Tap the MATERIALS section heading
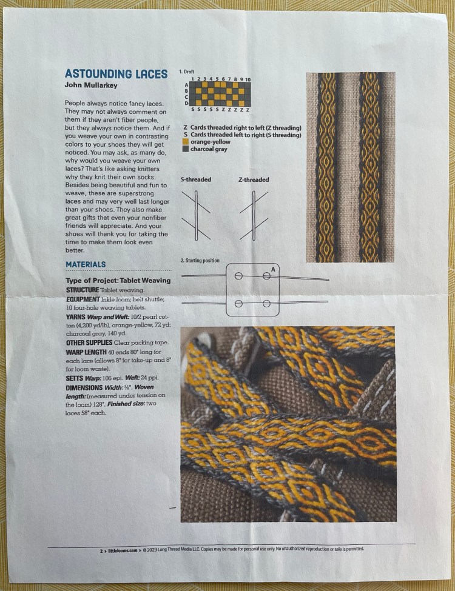86,264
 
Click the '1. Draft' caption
186,72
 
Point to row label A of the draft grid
187,84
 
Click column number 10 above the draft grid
248,79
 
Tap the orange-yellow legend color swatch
186,142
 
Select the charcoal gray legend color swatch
186,149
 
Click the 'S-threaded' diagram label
195,180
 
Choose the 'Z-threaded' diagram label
254,180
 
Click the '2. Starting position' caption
200,261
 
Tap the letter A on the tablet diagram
273,269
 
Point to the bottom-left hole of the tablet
238,303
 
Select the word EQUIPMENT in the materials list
83,298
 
